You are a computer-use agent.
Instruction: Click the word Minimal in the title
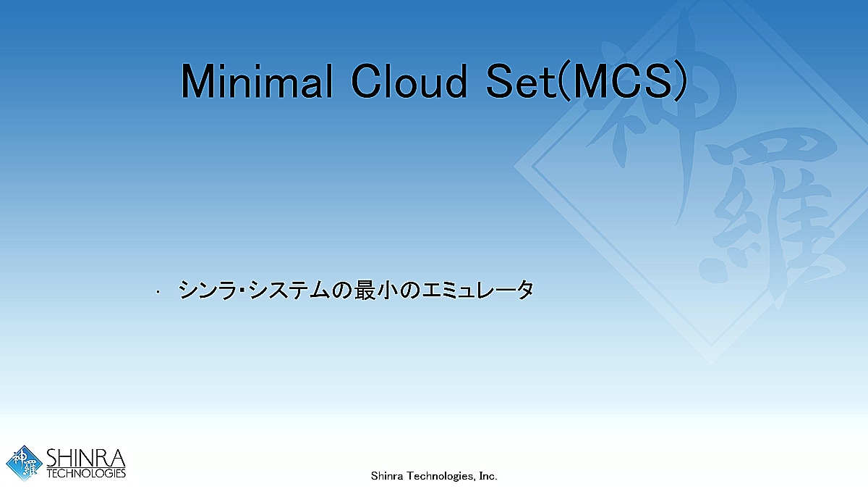[257, 80]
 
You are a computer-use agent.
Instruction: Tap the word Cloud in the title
[409, 80]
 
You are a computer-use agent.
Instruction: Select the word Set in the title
[522, 80]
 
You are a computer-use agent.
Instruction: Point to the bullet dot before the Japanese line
[158, 292]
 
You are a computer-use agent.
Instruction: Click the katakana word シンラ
[208, 290]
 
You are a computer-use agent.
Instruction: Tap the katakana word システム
[289, 290]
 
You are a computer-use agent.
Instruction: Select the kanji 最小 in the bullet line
[375, 290]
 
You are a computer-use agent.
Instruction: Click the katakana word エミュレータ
[477, 290]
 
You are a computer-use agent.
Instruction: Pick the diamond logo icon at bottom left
[24, 463]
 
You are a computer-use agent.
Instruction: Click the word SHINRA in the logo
[86, 458]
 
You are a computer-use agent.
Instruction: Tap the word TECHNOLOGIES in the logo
[86, 474]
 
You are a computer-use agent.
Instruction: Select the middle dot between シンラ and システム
[243, 291]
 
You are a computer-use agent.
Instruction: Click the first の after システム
[342, 291]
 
